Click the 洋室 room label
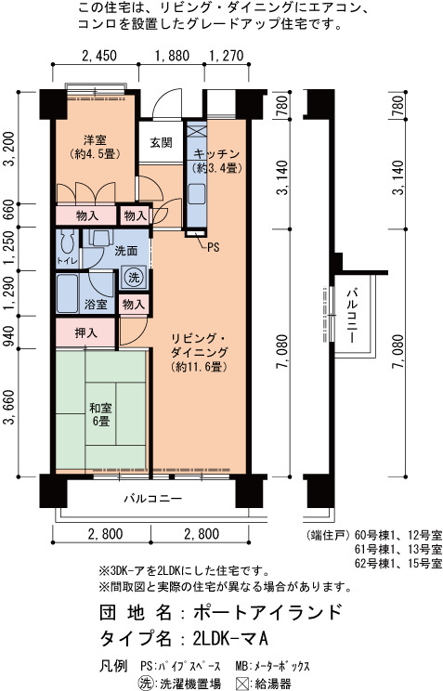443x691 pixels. (96, 140)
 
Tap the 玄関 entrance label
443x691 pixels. (161, 142)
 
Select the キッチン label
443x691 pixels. (216, 154)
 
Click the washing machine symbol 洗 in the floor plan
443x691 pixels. (134, 277)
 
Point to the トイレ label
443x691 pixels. (67, 261)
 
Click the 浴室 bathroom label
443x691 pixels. (96, 304)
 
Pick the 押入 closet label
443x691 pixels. (86, 332)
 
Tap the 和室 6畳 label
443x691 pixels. (101, 414)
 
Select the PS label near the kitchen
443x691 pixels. (213, 248)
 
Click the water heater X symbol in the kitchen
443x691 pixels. (195, 132)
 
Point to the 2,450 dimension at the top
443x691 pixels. (99, 56)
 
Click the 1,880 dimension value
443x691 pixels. (172, 56)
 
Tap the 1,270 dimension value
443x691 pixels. (226, 56)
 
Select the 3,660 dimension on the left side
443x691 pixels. (9, 407)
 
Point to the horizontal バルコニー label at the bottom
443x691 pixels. (152, 499)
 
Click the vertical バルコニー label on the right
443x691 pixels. (352, 316)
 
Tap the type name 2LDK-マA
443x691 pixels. (230, 637)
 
